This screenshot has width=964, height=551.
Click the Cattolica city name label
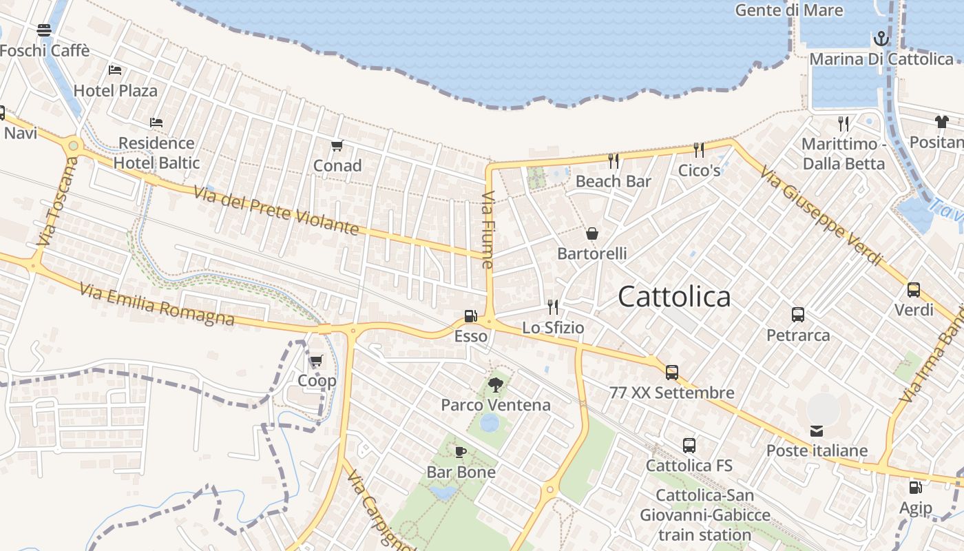(674, 297)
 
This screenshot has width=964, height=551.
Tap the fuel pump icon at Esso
(471, 316)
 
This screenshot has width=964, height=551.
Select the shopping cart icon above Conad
(337, 145)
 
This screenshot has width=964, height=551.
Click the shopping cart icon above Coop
(316, 360)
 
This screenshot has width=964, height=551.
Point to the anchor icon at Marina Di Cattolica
(881, 39)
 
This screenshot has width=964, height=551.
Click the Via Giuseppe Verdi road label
(821, 215)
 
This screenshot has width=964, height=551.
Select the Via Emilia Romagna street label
(157, 304)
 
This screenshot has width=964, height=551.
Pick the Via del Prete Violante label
(276, 210)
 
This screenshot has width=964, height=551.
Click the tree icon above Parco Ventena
(495, 384)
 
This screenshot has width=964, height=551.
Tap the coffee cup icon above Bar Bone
(461, 452)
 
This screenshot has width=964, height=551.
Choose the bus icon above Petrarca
(798, 315)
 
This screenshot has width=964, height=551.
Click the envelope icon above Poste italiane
(817, 431)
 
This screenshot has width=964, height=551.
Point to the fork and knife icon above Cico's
(698, 149)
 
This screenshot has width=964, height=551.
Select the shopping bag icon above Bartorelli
(591, 233)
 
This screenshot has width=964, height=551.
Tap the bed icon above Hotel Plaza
(115, 70)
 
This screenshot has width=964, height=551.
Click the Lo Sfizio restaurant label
(553, 328)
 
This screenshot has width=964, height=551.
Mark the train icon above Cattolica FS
(689, 446)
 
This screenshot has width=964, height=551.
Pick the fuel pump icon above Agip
(915, 488)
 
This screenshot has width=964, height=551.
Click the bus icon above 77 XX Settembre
(671, 373)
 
